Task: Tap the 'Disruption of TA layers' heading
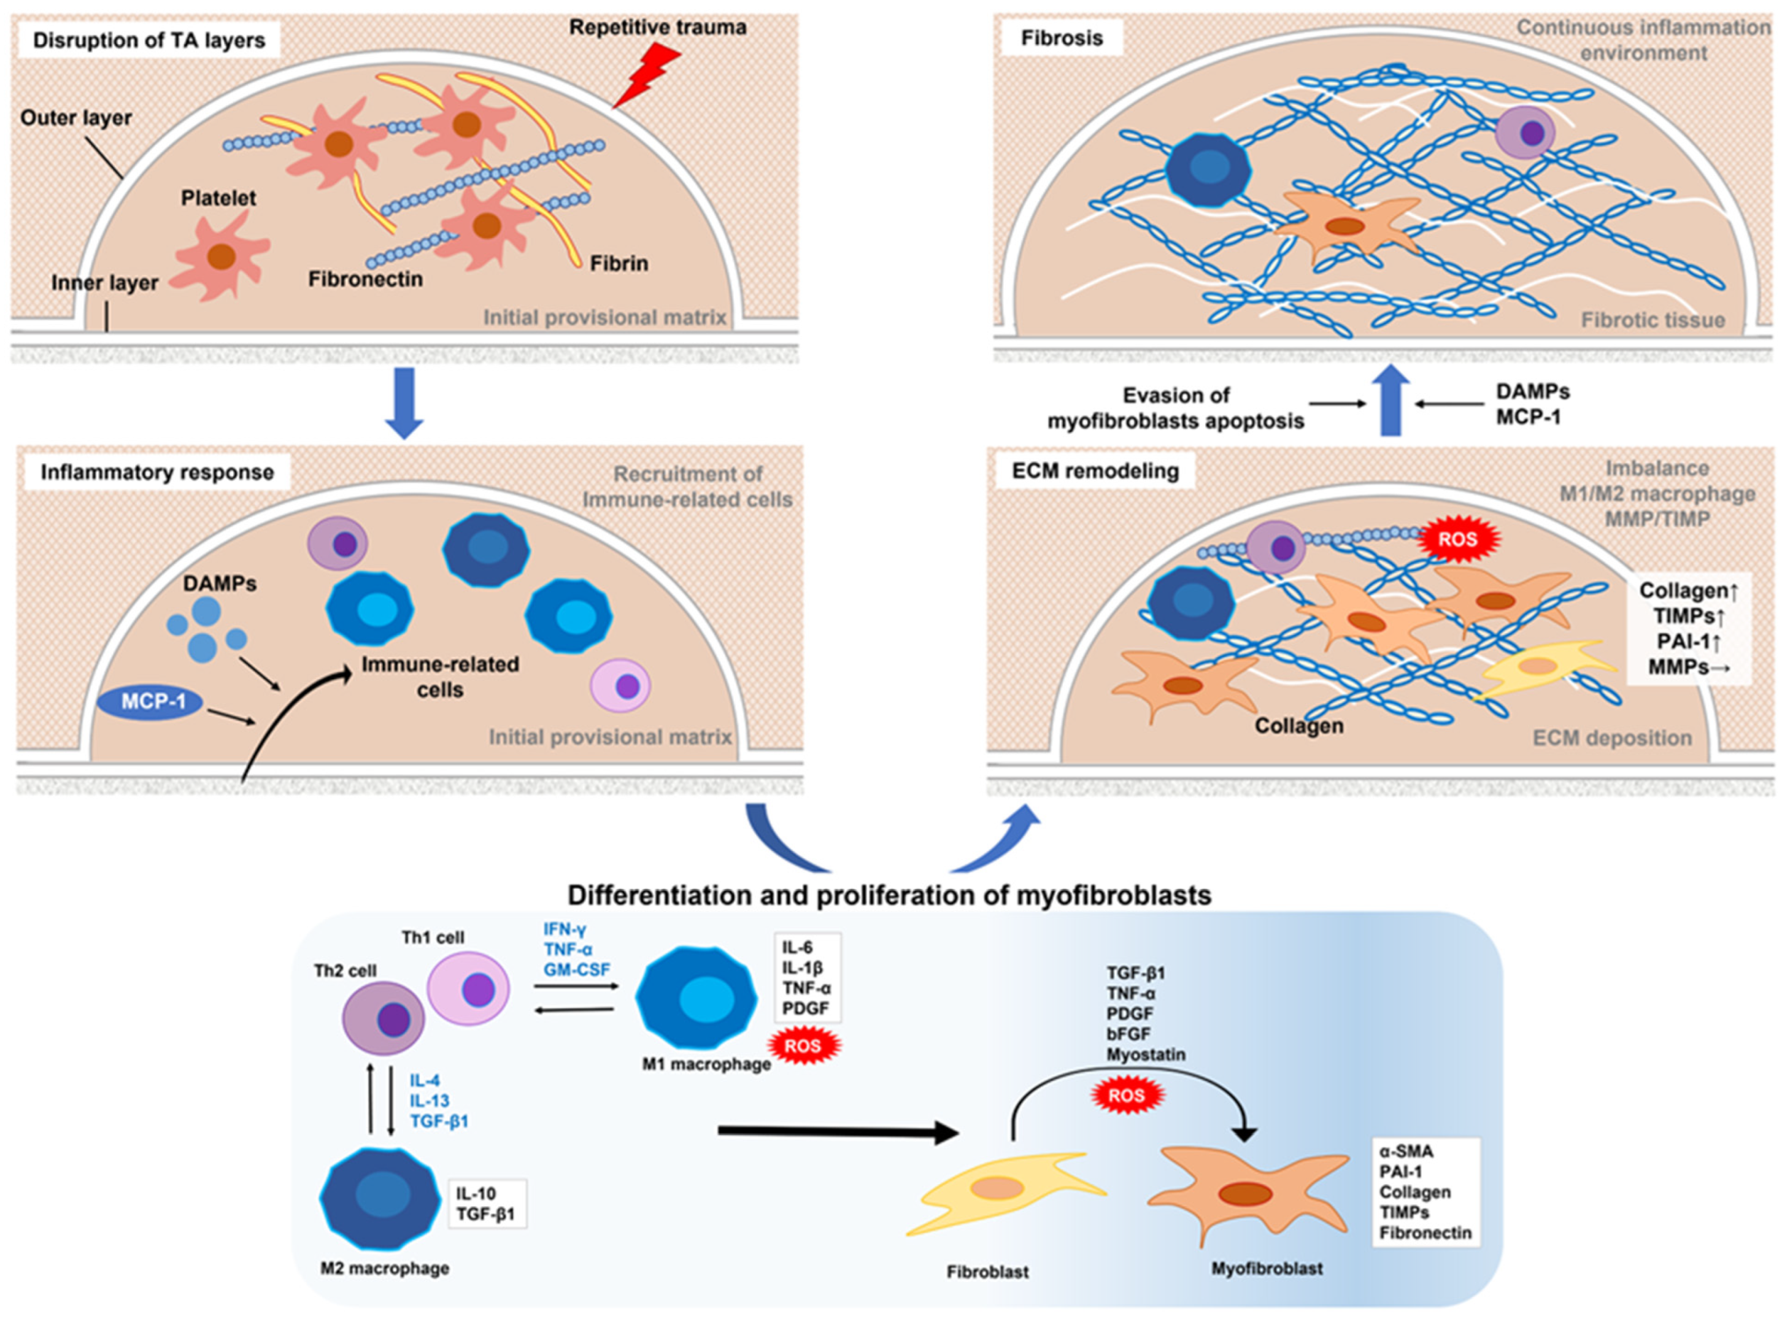tap(148, 40)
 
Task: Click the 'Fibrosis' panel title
tap(1061, 37)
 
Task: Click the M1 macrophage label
tap(706, 1064)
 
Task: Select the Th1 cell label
tap(433, 937)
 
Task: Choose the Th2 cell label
tap(345, 971)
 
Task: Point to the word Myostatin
tap(1146, 1055)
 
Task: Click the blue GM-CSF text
tap(576, 969)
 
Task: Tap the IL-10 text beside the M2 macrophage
tap(476, 1194)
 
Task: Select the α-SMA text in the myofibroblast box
tap(1406, 1152)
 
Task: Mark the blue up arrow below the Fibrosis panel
tap(1390, 400)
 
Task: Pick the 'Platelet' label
tap(218, 198)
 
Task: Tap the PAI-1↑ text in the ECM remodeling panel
tap(1683, 640)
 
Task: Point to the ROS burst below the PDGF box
tap(804, 1046)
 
